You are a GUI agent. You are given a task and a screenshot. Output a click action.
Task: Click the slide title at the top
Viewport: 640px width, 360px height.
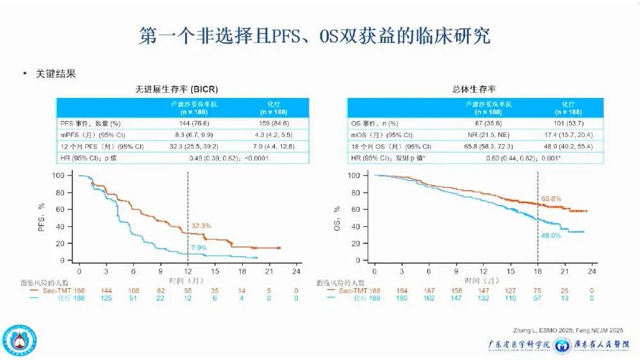(x=315, y=36)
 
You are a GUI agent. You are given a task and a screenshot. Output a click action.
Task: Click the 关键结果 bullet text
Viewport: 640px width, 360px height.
(x=57, y=74)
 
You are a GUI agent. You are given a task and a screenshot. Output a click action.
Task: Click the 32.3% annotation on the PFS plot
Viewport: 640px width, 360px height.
(x=201, y=225)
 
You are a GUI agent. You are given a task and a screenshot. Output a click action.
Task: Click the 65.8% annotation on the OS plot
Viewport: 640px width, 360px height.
(x=552, y=199)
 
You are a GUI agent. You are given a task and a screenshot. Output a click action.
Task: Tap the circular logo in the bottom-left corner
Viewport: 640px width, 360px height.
(x=20, y=341)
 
